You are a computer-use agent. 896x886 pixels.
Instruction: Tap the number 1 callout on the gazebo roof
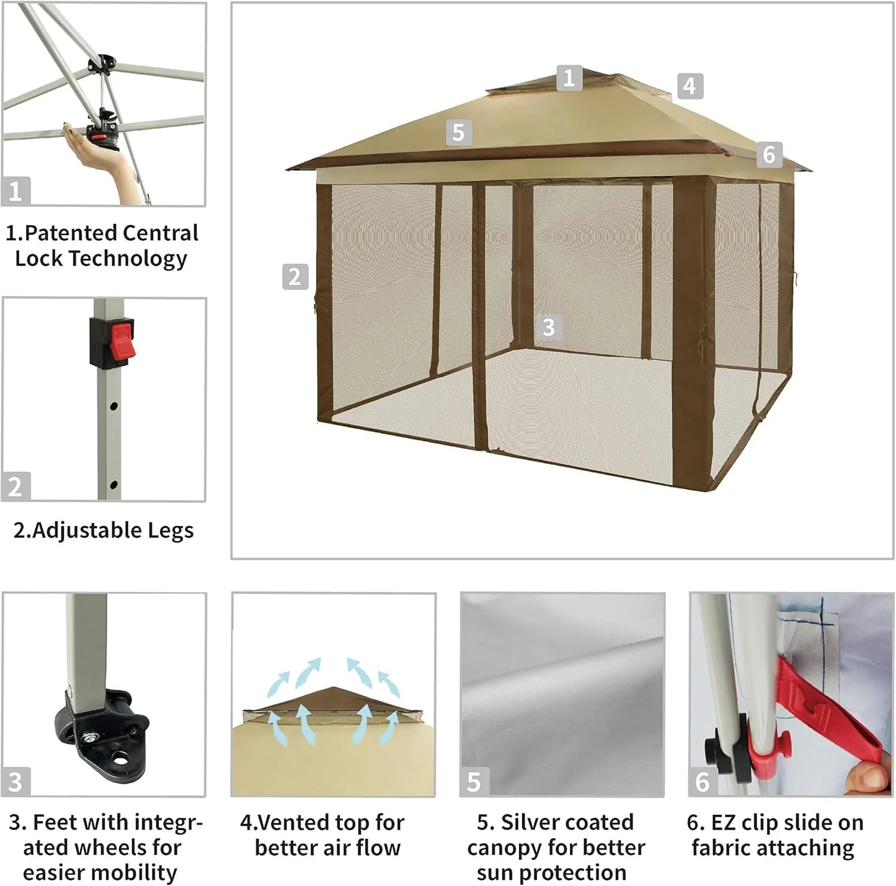(569, 78)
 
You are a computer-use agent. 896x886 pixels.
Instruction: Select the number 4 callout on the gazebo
(690, 86)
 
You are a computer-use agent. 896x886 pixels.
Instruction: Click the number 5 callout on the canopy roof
(458, 132)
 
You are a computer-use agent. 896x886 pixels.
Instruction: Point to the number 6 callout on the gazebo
(769, 154)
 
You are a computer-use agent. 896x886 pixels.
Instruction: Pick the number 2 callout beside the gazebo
(295, 276)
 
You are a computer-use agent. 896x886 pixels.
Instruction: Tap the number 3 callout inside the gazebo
(548, 327)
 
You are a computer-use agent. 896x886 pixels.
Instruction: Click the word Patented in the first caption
(70, 233)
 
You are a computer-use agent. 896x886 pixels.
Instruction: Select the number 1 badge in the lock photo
(16, 191)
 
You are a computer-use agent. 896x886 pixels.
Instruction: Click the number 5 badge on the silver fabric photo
(474, 782)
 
